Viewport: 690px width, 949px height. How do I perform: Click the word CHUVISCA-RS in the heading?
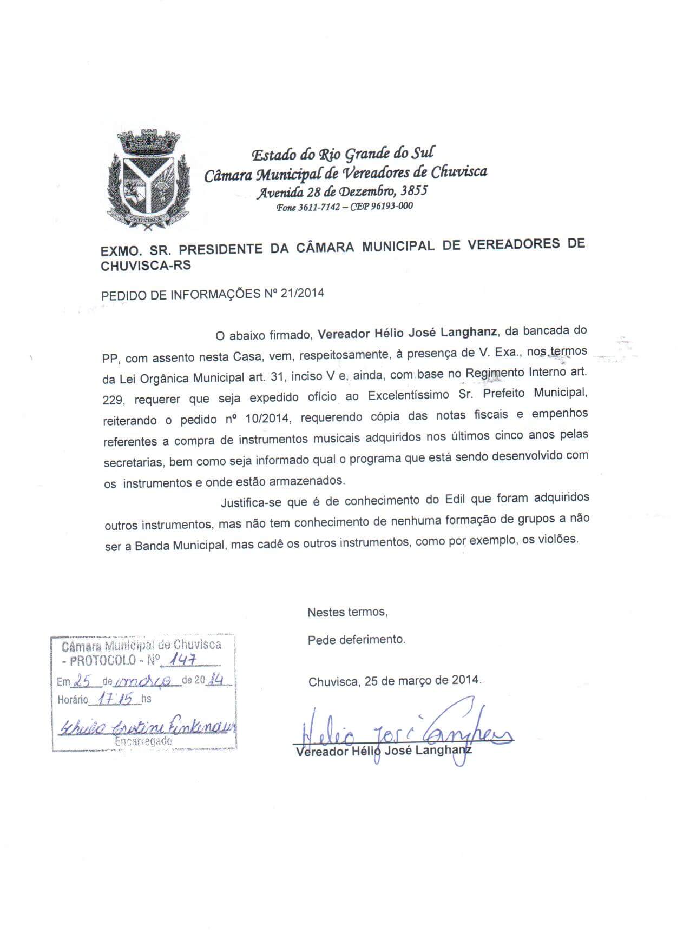tap(146, 266)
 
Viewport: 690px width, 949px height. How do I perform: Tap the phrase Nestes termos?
tap(347, 612)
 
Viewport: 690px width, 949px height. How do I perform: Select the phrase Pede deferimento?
tap(356, 640)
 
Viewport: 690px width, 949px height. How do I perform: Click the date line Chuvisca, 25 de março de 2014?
tap(395, 680)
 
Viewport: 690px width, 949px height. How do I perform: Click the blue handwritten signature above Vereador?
tap(406, 730)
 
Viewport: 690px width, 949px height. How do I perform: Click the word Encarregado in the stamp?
tap(143, 742)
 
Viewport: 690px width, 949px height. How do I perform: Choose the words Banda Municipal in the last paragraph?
tap(179, 545)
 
